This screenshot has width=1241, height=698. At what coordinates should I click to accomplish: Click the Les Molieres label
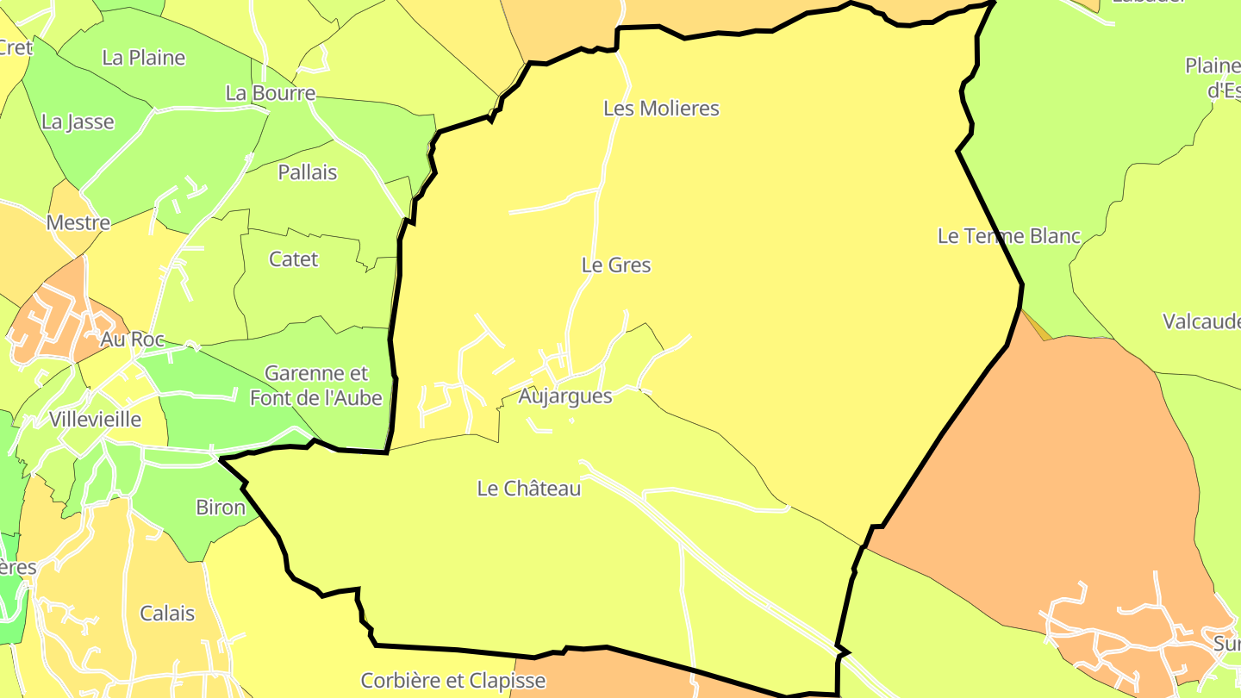[661, 109]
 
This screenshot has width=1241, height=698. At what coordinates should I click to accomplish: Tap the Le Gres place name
[616, 265]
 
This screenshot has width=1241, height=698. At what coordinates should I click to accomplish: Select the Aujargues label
[565, 396]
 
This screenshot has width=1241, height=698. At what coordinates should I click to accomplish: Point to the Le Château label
[529, 489]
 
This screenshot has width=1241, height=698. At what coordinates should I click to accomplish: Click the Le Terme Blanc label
[1008, 236]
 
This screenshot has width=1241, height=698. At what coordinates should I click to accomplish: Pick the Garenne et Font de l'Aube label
[316, 385]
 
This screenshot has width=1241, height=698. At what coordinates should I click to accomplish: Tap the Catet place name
[293, 259]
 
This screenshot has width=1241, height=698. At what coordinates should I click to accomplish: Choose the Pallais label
[308, 172]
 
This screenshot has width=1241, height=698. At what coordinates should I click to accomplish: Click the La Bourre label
[271, 93]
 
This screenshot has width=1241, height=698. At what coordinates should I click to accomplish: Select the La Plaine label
[144, 58]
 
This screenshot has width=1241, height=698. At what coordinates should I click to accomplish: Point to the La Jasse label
[78, 122]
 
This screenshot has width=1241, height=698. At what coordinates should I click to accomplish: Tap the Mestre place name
[78, 223]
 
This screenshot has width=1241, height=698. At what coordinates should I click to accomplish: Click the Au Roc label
[132, 340]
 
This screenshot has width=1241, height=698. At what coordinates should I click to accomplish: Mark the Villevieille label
[95, 420]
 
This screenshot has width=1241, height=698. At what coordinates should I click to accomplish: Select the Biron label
[221, 508]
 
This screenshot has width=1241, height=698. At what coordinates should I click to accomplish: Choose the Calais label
[167, 614]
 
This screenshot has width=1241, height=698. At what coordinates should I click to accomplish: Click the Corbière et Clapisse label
[453, 681]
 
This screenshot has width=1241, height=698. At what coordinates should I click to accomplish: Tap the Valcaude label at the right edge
[1201, 322]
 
